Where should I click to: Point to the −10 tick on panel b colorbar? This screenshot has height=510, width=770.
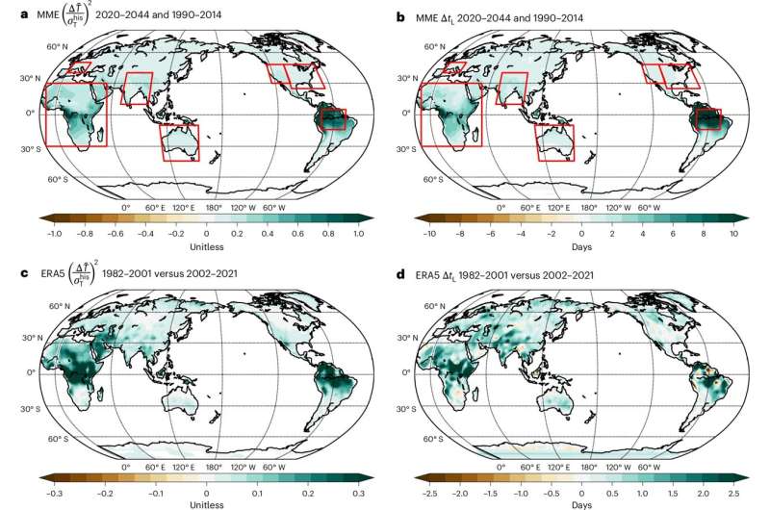coord(430,233)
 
